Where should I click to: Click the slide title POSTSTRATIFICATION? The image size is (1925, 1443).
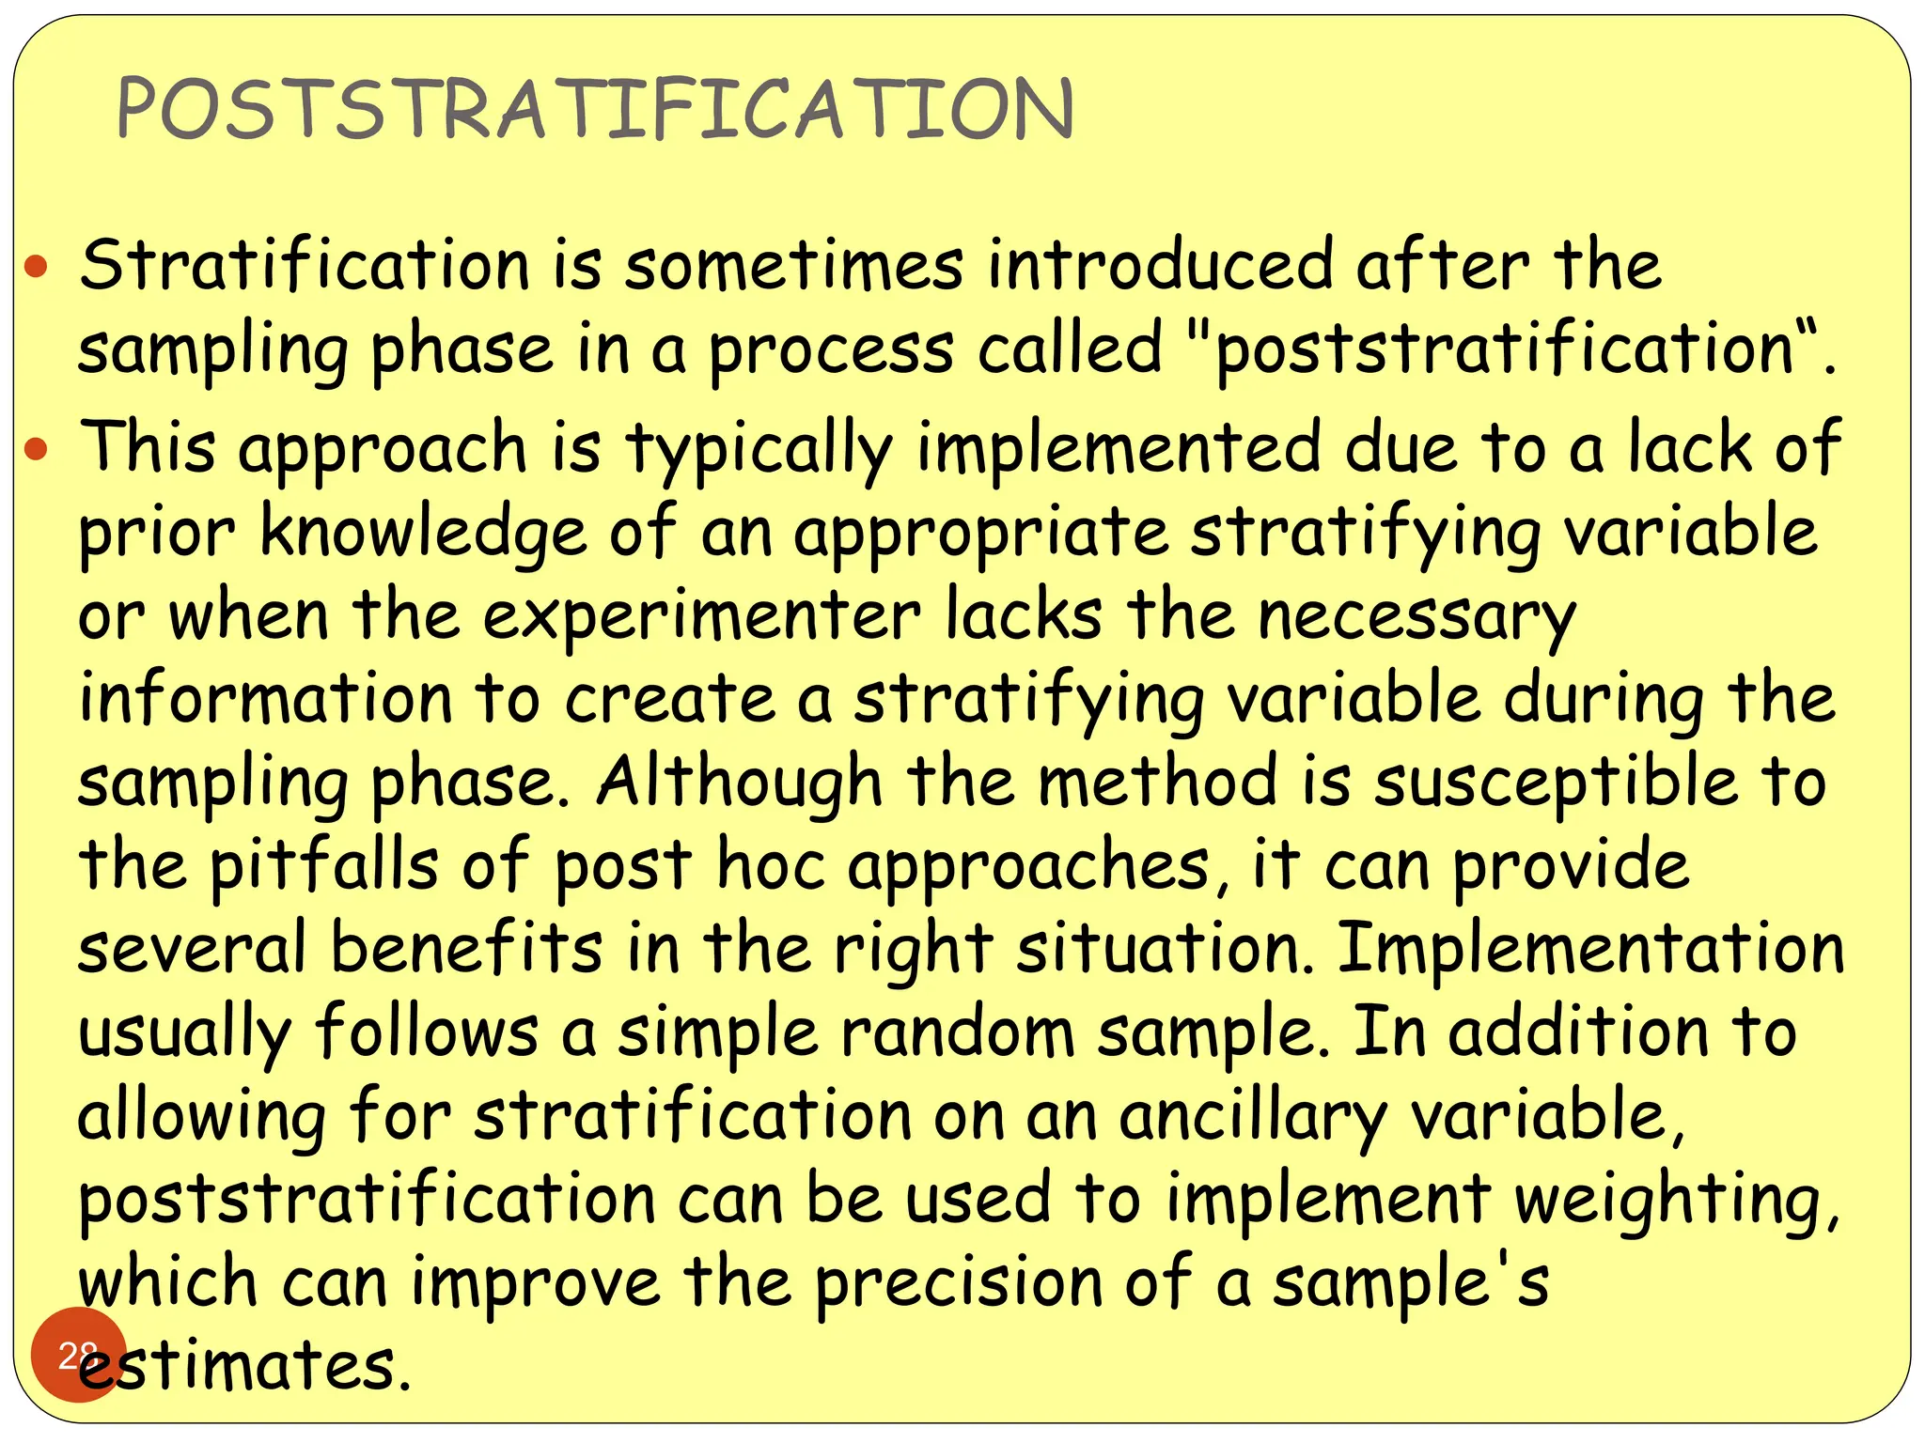[594, 109]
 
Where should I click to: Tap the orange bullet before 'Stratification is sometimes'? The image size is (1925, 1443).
[36, 269]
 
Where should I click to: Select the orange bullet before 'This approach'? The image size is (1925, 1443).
[36, 450]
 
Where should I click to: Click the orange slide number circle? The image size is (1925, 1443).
[78, 1354]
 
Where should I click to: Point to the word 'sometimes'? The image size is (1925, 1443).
[794, 266]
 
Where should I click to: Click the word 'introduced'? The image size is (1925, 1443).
[1160, 266]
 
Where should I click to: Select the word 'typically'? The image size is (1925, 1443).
[759, 450]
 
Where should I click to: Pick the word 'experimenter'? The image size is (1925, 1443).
[702, 617]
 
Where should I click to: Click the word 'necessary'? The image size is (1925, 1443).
[1416, 617]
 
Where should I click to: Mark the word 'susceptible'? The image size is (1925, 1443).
[1556, 782]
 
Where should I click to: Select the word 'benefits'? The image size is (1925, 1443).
[466, 948]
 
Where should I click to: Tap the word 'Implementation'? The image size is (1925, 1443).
[1590, 948]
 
